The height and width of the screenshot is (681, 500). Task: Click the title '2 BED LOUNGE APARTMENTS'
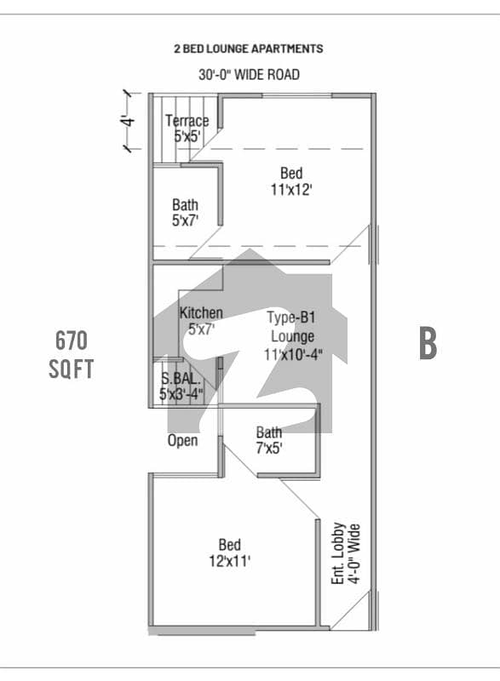[x=249, y=49]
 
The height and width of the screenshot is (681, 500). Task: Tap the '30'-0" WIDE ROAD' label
[x=249, y=75]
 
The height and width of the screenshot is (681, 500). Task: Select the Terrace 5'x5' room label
[x=187, y=129]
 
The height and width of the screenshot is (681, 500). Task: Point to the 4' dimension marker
[x=128, y=121]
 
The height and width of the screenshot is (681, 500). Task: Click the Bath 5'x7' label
[x=186, y=212]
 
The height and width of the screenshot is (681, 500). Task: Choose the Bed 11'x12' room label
[x=291, y=181]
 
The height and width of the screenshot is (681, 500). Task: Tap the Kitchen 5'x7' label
[x=201, y=321]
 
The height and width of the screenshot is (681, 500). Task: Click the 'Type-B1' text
[x=291, y=317]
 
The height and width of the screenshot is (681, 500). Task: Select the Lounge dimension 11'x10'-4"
[x=293, y=354]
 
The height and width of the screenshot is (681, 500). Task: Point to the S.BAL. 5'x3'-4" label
[x=181, y=386]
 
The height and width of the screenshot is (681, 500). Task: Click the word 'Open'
[x=183, y=440]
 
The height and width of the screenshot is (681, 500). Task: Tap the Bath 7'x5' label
[x=269, y=440]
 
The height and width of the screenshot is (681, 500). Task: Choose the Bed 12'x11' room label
[x=230, y=552]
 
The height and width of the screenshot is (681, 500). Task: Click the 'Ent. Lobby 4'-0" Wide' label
[x=346, y=554]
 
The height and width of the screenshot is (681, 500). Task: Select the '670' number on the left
[x=72, y=340]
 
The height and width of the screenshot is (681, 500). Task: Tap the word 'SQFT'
[x=72, y=369]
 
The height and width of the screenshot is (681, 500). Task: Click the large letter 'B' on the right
[x=428, y=343]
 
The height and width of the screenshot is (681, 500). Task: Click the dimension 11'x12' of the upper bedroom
[x=291, y=189]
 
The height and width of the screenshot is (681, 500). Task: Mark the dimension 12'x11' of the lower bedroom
[x=230, y=561]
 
